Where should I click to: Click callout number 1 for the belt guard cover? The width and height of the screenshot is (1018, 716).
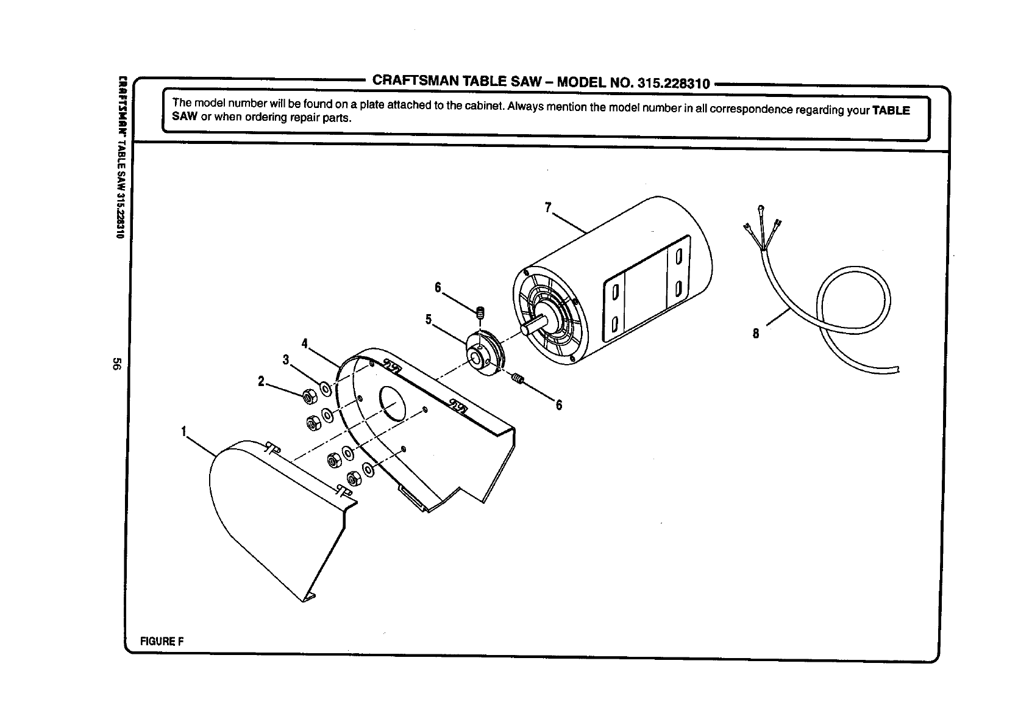coord(183,432)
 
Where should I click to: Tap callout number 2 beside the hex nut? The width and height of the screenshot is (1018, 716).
coord(262,382)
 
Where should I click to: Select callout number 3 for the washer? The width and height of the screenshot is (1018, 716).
coord(286,360)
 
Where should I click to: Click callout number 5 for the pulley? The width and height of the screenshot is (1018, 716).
coord(429,319)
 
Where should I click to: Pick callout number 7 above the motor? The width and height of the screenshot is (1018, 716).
coord(549,208)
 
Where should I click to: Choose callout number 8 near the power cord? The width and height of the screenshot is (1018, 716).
coord(756,334)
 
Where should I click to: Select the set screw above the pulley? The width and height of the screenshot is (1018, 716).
coord(480,312)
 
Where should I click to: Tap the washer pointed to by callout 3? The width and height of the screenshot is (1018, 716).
coord(324,388)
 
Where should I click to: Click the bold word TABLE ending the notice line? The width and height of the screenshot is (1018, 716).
coord(891,110)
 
